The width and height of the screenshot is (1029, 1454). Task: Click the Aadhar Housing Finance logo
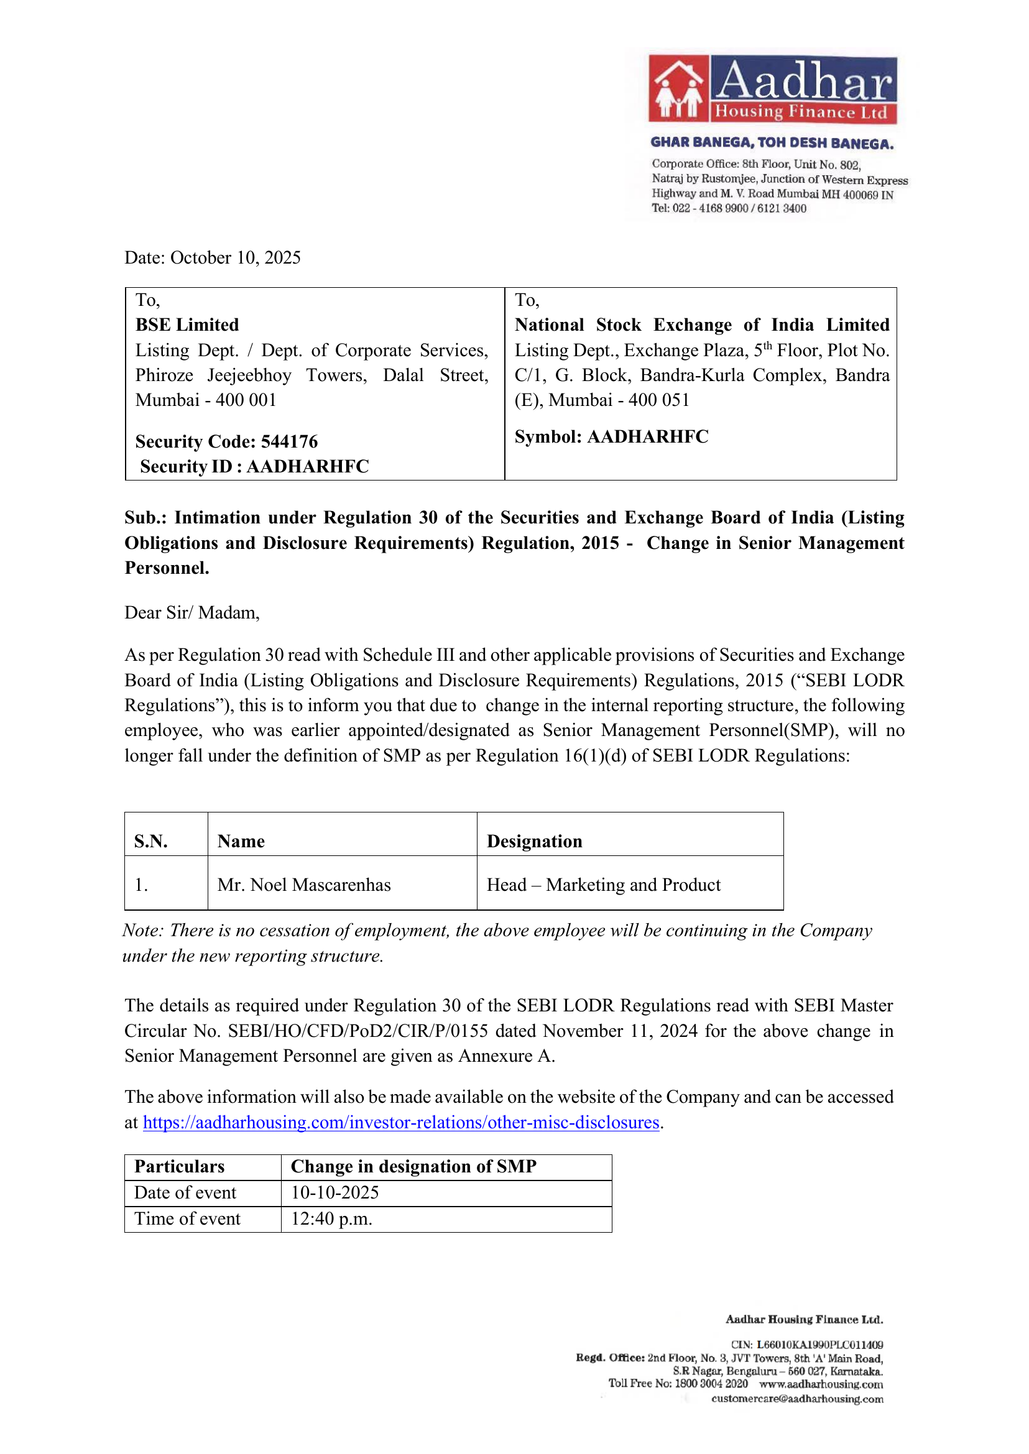point(772,90)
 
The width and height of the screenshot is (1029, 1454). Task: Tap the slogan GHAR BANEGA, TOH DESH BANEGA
point(772,144)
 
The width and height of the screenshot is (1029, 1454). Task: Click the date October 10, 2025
point(235,258)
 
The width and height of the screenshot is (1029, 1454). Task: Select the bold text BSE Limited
point(187,325)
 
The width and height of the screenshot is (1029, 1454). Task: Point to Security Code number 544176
point(289,441)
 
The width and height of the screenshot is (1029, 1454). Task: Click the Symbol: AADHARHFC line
point(611,436)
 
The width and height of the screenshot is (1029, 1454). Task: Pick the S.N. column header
point(151,841)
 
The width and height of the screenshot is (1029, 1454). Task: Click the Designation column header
point(534,841)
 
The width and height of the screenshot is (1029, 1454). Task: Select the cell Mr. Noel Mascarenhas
point(303,885)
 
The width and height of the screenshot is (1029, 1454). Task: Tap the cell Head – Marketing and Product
point(603,885)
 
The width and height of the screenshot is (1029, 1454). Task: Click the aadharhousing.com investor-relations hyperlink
point(401,1123)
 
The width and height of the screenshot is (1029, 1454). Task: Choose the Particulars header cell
point(179,1167)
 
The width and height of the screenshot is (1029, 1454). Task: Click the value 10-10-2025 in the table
point(335,1193)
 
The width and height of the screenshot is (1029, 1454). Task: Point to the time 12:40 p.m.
point(331,1219)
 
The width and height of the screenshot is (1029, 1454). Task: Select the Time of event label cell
point(187,1219)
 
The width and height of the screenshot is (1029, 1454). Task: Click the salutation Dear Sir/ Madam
point(192,613)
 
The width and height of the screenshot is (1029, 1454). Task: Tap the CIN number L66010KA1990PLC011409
point(819,1345)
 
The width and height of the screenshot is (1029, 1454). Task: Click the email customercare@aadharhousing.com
point(796,1398)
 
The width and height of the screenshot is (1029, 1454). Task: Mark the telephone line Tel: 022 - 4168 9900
point(729,208)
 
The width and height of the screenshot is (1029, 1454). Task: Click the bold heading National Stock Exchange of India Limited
point(701,325)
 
